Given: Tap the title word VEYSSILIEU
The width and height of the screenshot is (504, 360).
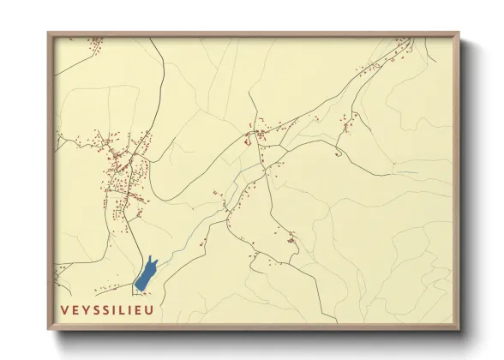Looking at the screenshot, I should (x=106, y=309).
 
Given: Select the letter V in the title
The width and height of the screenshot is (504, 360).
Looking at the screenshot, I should (x=65, y=309).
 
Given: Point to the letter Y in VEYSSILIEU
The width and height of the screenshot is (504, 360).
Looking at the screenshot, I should (x=87, y=309).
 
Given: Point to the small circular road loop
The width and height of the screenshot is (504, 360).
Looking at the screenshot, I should (x=339, y=153).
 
